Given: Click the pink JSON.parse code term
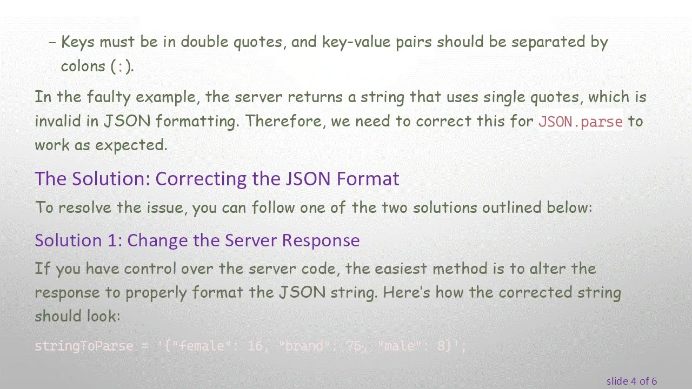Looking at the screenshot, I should coord(581,122).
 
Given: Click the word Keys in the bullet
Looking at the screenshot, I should coord(77,42).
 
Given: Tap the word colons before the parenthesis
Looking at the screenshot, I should coord(83,66).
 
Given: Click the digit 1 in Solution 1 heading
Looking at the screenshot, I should coord(115,240).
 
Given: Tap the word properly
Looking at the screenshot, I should coord(156,293).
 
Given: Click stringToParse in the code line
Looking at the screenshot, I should coord(83,346).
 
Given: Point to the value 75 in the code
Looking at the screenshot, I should coord(353,346).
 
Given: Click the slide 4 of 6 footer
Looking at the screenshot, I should coord(631,381).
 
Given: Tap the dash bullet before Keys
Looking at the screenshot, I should coord(52,43).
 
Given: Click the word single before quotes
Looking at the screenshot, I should coord(504,97).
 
